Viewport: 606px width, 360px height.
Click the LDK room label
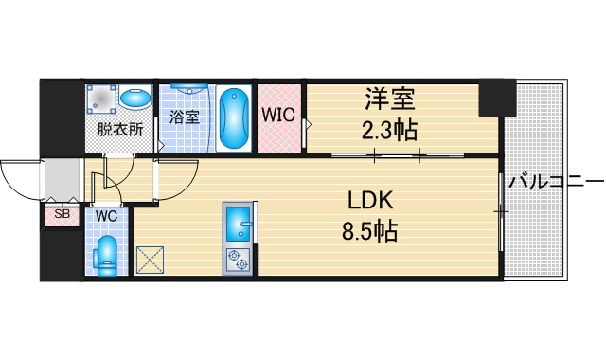click(370, 200)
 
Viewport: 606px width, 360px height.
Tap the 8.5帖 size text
click(369, 231)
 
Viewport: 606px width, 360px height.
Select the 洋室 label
click(390, 99)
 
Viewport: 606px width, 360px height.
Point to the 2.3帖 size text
click(389, 131)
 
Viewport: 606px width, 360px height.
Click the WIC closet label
click(278, 115)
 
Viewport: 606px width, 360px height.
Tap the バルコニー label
click(556, 181)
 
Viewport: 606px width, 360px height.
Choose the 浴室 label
click(185, 117)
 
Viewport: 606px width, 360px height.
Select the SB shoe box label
click(62, 213)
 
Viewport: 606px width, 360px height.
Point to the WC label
click(106, 216)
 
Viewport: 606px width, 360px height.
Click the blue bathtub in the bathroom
click(234, 117)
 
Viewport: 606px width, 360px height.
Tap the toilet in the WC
click(106, 256)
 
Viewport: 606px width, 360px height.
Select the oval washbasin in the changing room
click(135, 99)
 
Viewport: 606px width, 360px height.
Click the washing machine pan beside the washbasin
click(101, 99)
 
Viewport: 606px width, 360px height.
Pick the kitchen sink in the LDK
click(239, 225)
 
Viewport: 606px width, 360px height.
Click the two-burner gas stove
click(238, 260)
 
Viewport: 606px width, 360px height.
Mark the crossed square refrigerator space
click(150, 261)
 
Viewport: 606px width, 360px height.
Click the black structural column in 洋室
click(497, 97)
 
